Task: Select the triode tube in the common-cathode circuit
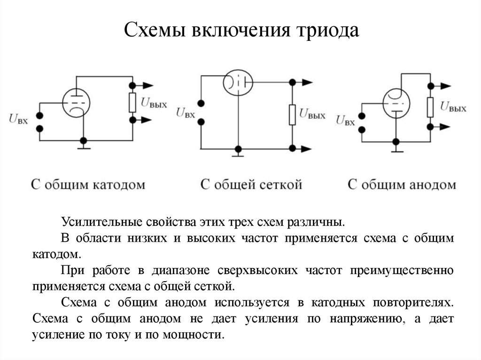point(76,102)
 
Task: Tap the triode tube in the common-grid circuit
point(238,84)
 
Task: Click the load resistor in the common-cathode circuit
point(132,102)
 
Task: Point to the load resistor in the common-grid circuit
point(292,115)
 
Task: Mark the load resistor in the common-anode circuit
point(430,107)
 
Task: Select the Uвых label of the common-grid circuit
point(312,114)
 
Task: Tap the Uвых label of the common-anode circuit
point(453,107)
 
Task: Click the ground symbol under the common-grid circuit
point(239,153)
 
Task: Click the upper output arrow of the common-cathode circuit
point(147,85)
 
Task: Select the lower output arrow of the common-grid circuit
point(306,149)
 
